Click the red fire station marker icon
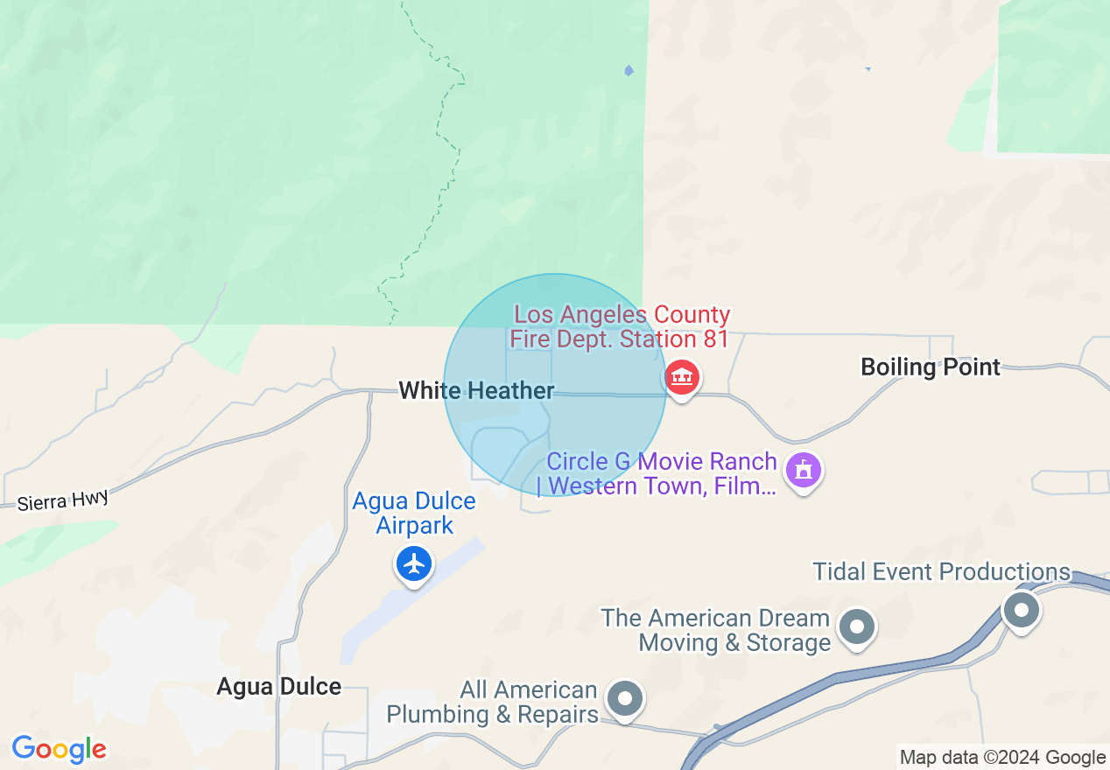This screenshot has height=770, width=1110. tap(682, 378)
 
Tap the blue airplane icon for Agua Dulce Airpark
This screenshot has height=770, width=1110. tap(414, 563)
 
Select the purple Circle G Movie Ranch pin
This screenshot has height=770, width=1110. tap(804, 471)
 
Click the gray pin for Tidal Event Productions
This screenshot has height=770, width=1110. tap(1021, 607)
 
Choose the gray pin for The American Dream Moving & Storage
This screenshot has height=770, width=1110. tap(857, 626)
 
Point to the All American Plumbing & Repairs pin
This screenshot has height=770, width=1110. tap(624, 698)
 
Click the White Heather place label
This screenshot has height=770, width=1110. tap(476, 390)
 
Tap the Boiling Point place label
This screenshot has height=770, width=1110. tap(930, 367)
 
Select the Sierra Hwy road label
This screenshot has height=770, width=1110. tap(63, 500)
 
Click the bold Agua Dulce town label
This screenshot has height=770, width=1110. tap(279, 686)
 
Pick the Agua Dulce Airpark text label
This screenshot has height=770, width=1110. tap(414, 513)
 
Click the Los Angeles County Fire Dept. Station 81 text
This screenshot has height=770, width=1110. tap(621, 326)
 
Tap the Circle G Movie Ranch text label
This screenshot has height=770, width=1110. tap(660, 473)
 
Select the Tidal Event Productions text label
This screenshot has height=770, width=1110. tap(942, 572)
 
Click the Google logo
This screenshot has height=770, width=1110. tap(60, 750)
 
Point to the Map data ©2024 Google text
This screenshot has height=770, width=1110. tap(1002, 758)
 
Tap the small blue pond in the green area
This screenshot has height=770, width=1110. tap(629, 71)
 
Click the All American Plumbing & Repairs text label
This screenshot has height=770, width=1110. tap(492, 702)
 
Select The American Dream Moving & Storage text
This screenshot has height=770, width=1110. tap(715, 630)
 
